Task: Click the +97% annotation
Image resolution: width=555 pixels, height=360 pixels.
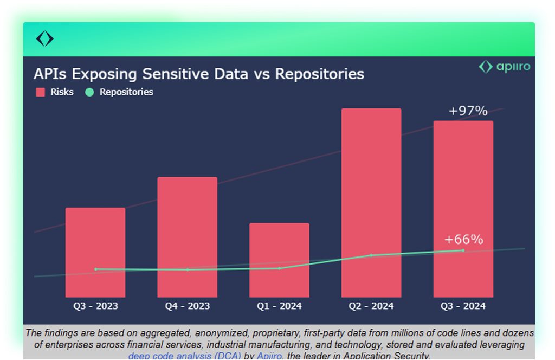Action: (468, 111)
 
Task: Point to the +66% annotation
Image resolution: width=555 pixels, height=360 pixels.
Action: (463, 240)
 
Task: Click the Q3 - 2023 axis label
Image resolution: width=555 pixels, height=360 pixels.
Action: (96, 306)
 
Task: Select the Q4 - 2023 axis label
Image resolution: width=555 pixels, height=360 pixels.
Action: (188, 306)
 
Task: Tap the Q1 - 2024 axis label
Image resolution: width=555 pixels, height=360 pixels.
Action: (279, 306)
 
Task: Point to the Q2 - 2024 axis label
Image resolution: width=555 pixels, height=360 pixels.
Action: (371, 306)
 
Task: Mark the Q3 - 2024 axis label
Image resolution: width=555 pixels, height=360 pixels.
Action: (463, 306)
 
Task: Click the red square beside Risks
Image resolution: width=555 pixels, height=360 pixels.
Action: (40, 92)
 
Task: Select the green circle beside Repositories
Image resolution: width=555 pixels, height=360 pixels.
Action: (89, 92)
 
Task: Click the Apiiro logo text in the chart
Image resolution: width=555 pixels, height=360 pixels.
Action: (513, 67)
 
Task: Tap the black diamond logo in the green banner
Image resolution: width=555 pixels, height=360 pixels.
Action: (44, 39)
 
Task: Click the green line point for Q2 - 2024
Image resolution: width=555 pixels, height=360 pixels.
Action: (371, 255)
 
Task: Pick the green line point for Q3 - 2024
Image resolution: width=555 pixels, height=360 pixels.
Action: (463, 250)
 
